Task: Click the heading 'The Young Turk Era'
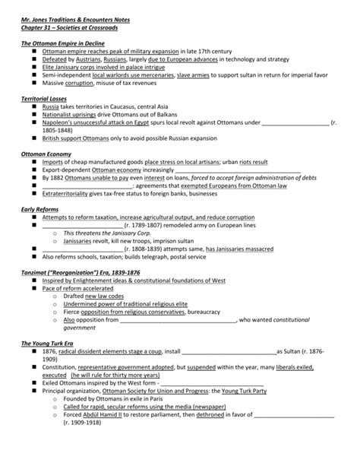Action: (48, 343)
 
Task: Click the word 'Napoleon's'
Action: (59, 122)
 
